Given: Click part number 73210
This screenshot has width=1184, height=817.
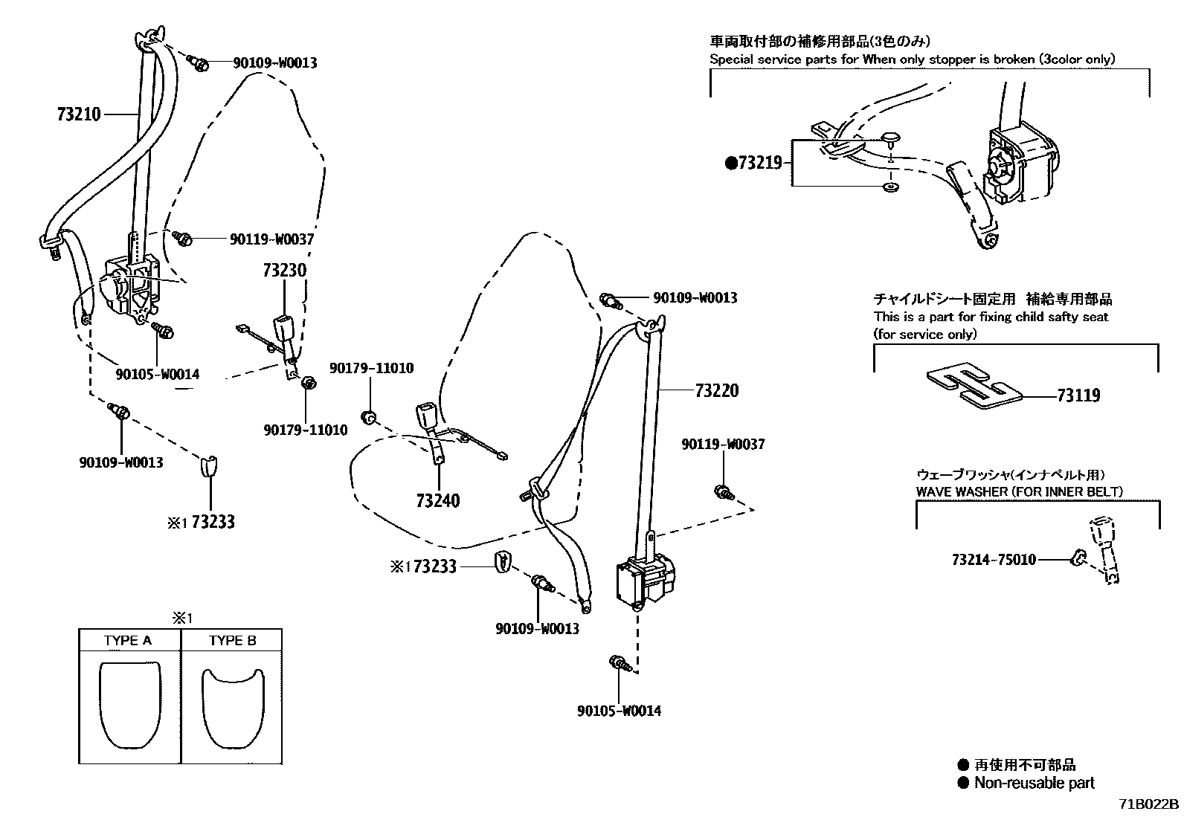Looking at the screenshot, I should pos(79,114).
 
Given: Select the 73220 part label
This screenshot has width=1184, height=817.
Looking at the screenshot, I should pos(717,390).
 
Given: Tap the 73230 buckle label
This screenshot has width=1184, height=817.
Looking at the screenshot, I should pos(283,270).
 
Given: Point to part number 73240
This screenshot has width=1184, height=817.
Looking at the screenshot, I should pos(438,500).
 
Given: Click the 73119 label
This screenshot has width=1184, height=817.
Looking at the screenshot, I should pos(1078,395).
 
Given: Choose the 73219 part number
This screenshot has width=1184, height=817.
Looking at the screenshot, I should pos(759,163).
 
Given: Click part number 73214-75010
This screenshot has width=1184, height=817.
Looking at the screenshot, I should pos(994,559).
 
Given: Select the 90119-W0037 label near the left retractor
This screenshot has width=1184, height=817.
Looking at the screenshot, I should pos(271,239).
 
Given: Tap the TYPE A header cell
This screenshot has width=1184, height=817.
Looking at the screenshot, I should pos(128,640).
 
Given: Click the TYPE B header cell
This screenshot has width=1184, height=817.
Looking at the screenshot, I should pos(232,640).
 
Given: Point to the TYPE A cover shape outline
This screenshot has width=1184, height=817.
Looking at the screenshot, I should pos(129,705).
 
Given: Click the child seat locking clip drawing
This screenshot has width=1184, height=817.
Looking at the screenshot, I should pos(974,387).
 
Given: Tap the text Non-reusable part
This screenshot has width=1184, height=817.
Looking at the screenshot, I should pos(1034,782).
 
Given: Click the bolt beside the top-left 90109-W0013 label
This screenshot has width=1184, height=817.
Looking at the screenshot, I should pos(199,63).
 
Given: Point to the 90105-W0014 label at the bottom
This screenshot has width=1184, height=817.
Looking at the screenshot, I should pos(619,711).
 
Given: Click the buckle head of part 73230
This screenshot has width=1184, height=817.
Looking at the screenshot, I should pos(285,327).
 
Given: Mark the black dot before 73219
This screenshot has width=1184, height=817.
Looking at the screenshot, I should pos(730,163).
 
